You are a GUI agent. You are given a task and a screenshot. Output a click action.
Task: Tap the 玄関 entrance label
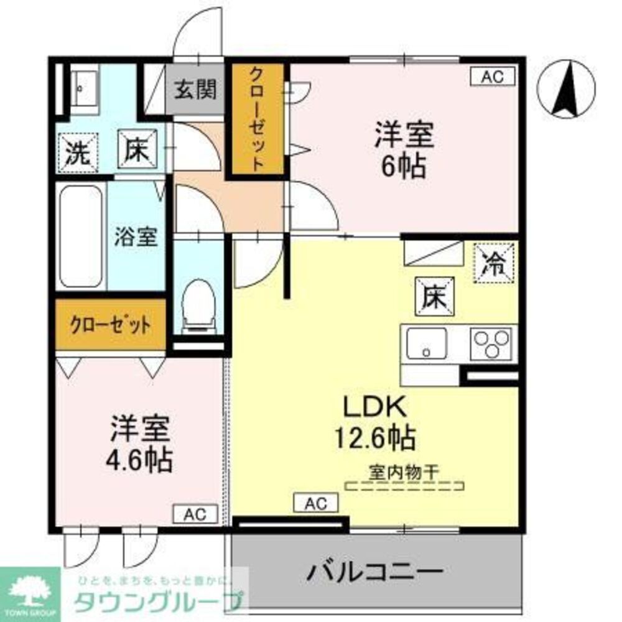195,90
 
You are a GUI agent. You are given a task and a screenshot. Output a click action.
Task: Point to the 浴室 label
136,236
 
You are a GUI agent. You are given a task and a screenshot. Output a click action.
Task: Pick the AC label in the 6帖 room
492,77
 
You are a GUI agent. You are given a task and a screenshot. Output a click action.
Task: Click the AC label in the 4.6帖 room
195,514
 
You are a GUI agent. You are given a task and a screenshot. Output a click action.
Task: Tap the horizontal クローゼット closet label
110,325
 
